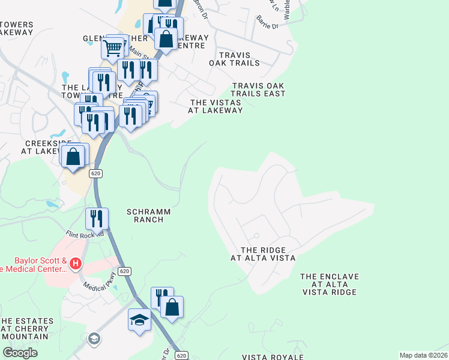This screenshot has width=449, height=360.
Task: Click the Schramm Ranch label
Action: click(x=149, y=215)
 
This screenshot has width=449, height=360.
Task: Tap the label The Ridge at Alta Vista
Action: click(x=263, y=254)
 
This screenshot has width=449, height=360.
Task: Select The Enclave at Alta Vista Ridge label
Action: click(x=330, y=284)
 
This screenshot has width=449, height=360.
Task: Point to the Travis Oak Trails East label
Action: click(x=258, y=89)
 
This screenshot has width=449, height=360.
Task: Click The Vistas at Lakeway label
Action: click(x=215, y=106)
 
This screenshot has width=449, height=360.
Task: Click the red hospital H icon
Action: click(x=76, y=263)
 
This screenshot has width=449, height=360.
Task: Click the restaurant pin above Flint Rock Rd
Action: click(x=96, y=219)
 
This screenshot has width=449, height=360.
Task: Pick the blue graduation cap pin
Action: click(x=139, y=319)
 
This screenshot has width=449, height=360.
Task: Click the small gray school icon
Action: click(x=94, y=339)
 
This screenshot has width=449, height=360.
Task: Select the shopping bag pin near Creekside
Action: click(x=73, y=157)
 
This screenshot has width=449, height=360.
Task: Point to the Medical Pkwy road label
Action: click(x=98, y=289)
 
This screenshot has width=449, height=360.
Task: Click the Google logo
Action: click(x=20, y=352)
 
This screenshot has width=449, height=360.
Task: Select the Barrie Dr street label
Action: click(x=267, y=25)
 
